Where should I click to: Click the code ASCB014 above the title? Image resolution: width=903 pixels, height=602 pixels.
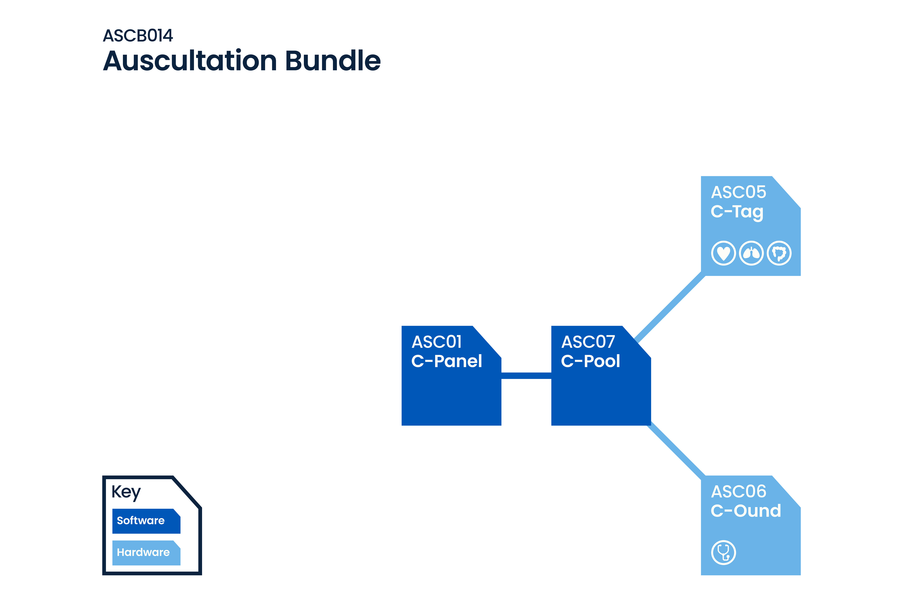[x=138, y=36]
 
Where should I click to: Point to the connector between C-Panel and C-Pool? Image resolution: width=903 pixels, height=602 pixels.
[x=526, y=375]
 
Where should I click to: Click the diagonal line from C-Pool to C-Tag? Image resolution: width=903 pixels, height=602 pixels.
[x=670, y=307]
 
